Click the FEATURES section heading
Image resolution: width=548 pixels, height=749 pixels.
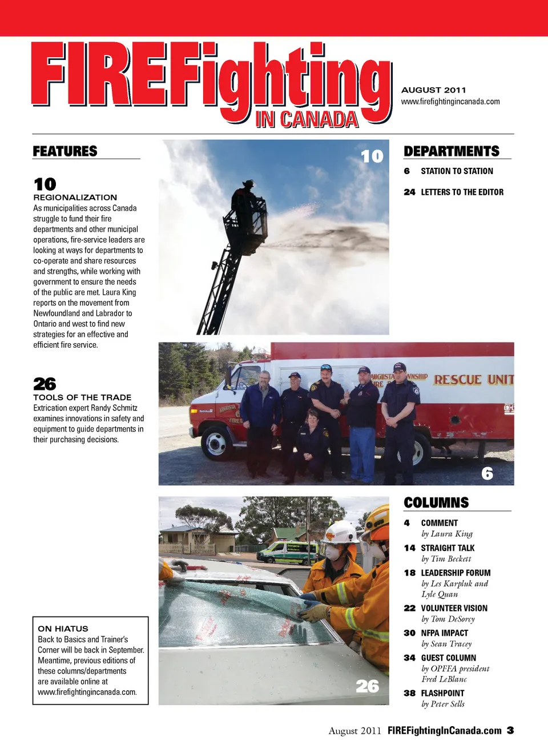pos(65,151)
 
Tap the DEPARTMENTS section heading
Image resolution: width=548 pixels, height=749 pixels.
pos(452,151)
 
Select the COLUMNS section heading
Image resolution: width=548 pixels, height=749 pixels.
pos(436,503)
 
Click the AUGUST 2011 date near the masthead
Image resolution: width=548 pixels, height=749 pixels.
pos(433,90)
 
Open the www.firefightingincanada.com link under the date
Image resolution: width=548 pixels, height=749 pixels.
pos(450,102)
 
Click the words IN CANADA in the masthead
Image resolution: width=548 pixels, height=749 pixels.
pos(307,120)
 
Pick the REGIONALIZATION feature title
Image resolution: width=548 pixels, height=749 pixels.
pos(75,197)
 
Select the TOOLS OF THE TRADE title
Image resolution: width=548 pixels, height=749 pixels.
pos(82,397)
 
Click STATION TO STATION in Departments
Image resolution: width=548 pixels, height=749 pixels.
pos(457,171)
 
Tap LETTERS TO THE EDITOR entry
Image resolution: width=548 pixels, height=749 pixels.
pos(462,192)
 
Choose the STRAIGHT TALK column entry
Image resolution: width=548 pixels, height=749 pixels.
pos(448,548)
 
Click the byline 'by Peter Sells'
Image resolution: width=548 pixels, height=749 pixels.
pos(443,704)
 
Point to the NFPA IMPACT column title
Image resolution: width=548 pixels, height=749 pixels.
pos(444,633)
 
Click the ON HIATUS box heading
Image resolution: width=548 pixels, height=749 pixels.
pos(63,629)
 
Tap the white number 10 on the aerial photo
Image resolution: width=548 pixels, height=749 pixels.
pos(372,156)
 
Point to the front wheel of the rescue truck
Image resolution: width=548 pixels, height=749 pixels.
pos(216,442)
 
